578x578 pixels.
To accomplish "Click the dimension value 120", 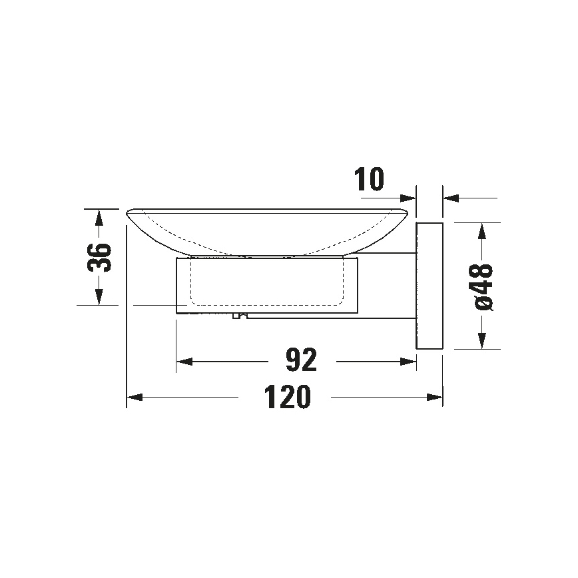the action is (287, 398).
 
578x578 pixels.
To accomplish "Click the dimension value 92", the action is (300, 361).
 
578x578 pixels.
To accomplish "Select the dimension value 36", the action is (99, 256).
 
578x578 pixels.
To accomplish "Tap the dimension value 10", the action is (370, 180).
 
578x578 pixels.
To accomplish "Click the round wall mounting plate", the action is (429, 286).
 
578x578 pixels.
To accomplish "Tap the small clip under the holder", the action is (238, 316).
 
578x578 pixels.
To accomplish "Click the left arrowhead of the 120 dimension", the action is (134, 398).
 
